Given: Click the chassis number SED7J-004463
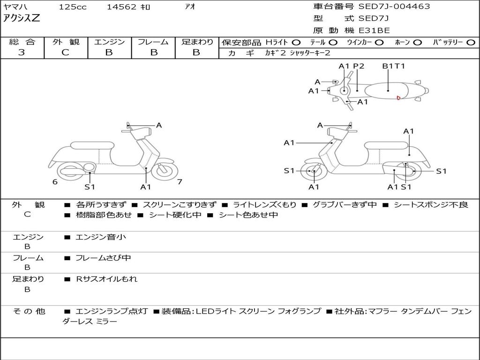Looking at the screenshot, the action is (394, 7).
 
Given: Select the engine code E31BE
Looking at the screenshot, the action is (375, 30).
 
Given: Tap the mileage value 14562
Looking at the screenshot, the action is (121, 7).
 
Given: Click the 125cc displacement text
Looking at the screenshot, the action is (73, 7).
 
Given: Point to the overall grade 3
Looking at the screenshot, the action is (22, 52).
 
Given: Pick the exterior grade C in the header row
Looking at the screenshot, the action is (65, 52).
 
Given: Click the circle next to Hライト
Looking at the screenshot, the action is (296, 43).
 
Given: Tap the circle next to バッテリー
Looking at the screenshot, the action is (471, 43).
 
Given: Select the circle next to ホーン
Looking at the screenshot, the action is (417, 43).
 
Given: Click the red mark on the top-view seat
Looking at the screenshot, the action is (398, 98).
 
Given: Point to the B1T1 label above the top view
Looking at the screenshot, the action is (394, 66).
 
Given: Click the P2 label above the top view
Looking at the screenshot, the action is (359, 66).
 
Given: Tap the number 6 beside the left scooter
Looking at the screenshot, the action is (55, 182).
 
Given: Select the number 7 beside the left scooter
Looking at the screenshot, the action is (180, 182).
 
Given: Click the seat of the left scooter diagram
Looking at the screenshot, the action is (92, 145).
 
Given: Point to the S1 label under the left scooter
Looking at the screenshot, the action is (90, 187).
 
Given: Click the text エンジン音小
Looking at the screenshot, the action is (101, 237).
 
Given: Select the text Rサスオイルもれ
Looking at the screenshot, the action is (106, 279).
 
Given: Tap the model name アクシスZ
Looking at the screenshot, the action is (22, 18).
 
